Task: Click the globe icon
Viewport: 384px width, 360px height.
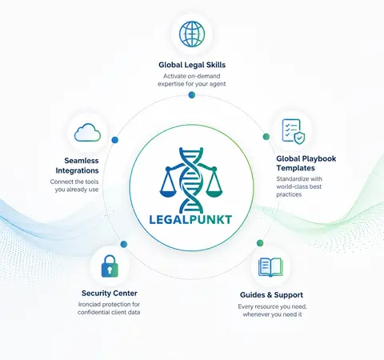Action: tap(192, 34)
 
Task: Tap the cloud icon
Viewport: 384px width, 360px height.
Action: tap(87, 133)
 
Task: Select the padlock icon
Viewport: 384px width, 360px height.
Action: tap(110, 266)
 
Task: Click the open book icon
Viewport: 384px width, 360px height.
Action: tap(270, 267)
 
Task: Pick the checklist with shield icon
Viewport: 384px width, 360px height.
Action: tap(294, 131)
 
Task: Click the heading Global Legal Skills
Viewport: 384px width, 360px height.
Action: tap(192, 65)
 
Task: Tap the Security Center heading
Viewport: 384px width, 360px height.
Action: tap(110, 294)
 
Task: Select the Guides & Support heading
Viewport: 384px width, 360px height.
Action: tap(271, 295)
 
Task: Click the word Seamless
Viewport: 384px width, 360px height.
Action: tap(82, 161)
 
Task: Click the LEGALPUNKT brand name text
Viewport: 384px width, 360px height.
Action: tap(190, 220)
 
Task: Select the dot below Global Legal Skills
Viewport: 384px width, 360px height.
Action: tap(192, 95)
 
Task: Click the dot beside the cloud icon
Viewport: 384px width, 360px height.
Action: tap(115, 140)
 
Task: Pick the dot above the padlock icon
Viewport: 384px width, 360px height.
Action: tap(124, 244)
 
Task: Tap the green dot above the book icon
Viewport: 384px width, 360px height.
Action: tap(260, 243)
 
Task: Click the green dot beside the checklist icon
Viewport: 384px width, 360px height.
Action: tap(266, 137)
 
